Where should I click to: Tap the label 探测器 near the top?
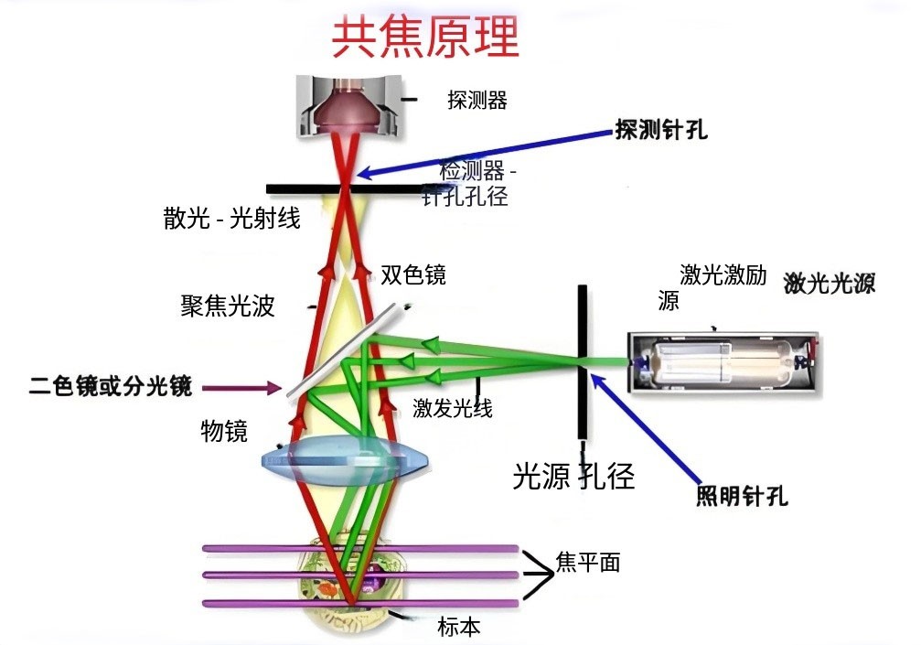click(x=477, y=100)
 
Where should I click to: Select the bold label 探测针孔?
click(x=661, y=130)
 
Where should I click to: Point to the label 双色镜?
click(x=412, y=274)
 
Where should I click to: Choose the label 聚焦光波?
click(x=228, y=306)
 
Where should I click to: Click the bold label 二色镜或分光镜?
click(x=111, y=387)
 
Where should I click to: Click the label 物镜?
click(x=223, y=431)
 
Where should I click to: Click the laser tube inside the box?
click(x=723, y=362)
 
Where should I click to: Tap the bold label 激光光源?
click(x=829, y=284)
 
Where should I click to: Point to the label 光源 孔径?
click(x=573, y=476)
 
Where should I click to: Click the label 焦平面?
click(x=587, y=562)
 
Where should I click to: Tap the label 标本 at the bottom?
click(x=458, y=627)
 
